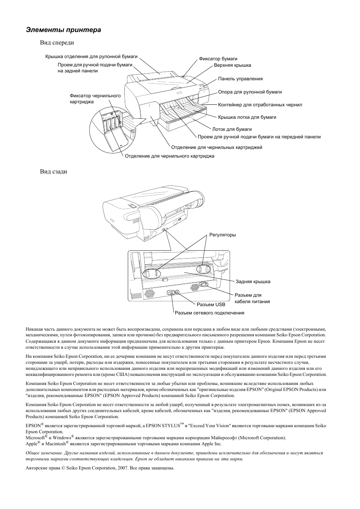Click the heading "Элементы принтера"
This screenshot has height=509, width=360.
pyautogui.click(x=64, y=30)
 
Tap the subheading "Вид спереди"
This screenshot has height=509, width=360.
pyautogui.click(x=57, y=43)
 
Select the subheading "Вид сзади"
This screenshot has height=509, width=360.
pyautogui.click(x=54, y=171)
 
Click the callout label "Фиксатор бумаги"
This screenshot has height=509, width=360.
pyautogui.click(x=218, y=59)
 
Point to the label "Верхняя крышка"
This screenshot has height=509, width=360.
pyautogui.click(x=233, y=65)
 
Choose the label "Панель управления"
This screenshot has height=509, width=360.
pyautogui.click(x=240, y=79)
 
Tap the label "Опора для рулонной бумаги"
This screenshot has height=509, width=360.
pyautogui.click(x=250, y=92)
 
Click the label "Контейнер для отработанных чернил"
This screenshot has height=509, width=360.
pyautogui.click(x=260, y=105)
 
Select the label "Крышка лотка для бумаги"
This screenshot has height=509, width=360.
pyautogui.click(x=247, y=117)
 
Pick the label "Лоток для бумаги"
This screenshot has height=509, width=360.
pyautogui.click(x=232, y=129)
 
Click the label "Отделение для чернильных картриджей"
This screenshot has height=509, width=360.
pyautogui.click(x=217, y=147)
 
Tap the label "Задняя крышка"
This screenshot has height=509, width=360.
pyautogui.click(x=253, y=282)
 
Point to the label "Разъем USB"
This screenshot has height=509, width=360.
pyautogui.click(x=211, y=305)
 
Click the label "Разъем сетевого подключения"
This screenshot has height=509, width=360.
pyautogui.click(x=210, y=313)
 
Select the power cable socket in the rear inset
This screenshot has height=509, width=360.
pyautogui.click(x=203, y=285)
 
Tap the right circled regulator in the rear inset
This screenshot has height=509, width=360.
pyautogui.click(x=204, y=270)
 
